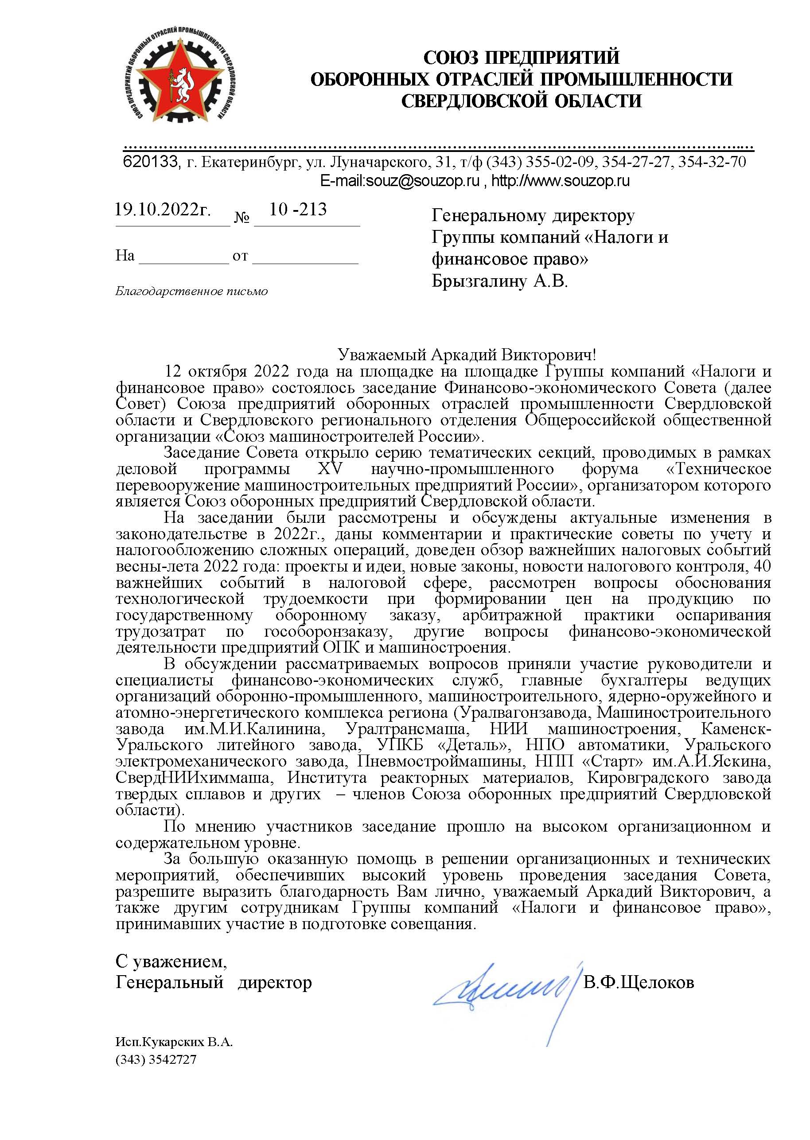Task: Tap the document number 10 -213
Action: point(298,210)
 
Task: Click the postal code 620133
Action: point(150,162)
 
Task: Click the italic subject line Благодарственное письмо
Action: point(191,291)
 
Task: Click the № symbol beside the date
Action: point(241,218)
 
